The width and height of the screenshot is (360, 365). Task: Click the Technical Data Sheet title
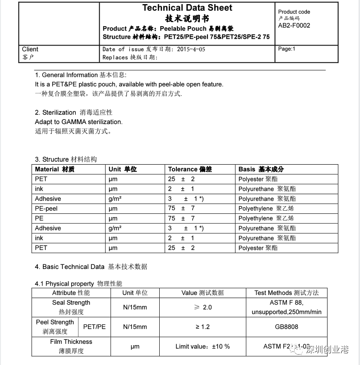point(187,8)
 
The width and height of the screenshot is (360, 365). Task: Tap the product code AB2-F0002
point(294,26)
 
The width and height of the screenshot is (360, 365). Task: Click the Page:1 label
point(286,49)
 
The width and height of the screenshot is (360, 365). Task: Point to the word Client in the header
point(30,49)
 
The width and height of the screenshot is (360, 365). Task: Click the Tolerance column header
point(190,169)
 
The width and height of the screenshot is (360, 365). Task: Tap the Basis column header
point(261,169)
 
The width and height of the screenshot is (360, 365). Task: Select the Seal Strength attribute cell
point(71,307)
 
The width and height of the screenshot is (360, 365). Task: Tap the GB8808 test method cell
point(286,327)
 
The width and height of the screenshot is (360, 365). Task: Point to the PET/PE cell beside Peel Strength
point(95,327)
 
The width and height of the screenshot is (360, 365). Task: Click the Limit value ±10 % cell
point(203,347)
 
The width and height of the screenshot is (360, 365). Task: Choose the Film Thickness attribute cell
point(71,346)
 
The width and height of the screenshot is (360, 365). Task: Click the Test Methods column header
point(286,293)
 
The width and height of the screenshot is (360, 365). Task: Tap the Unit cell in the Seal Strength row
point(135,307)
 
